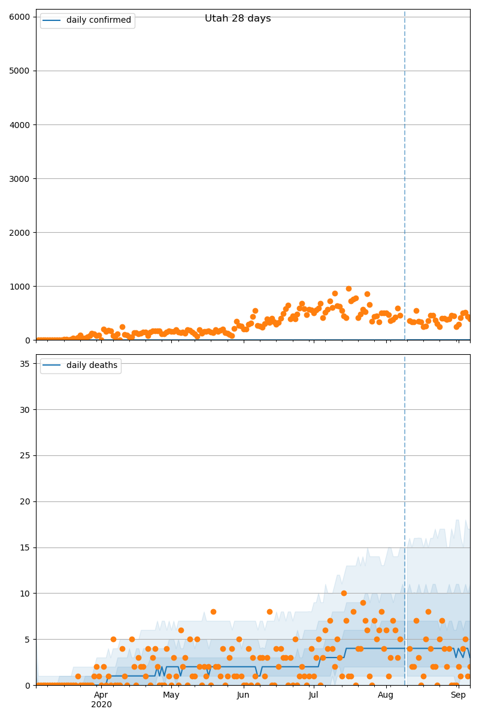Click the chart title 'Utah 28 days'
coord(238,19)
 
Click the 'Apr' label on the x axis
coord(101,695)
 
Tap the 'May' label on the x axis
coord(171,695)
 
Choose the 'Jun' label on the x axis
coord(243,695)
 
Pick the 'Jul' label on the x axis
coord(313,695)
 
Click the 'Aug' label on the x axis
coord(386,695)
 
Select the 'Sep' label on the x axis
coord(458,695)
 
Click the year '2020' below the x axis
coord(101,705)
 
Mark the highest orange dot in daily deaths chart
coord(344,593)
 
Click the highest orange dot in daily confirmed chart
coord(348,288)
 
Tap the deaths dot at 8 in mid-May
coord(213,611)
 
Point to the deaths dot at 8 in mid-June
coord(269,611)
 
